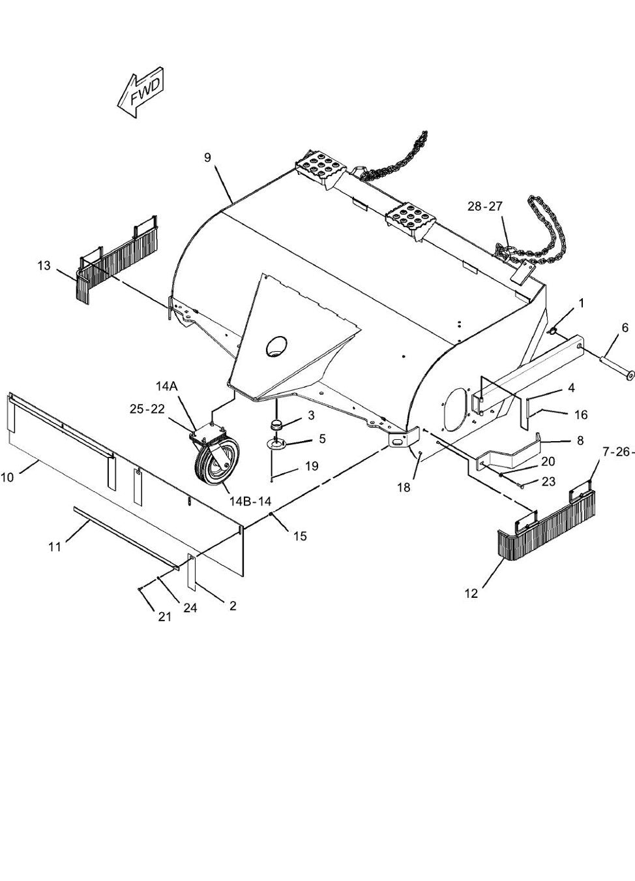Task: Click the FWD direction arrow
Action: pos(140,93)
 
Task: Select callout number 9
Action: pos(207,158)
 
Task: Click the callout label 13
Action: pos(44,266)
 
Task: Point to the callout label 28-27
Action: pos(485,206)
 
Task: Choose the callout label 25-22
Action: pos(147,409)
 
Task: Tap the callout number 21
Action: pos(165,617)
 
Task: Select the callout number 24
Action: pos(190,608)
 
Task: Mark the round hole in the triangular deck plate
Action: pos(276,346)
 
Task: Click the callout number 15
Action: pos(300,536)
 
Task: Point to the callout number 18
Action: pos(404,487)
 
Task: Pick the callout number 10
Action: pos(7,478)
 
